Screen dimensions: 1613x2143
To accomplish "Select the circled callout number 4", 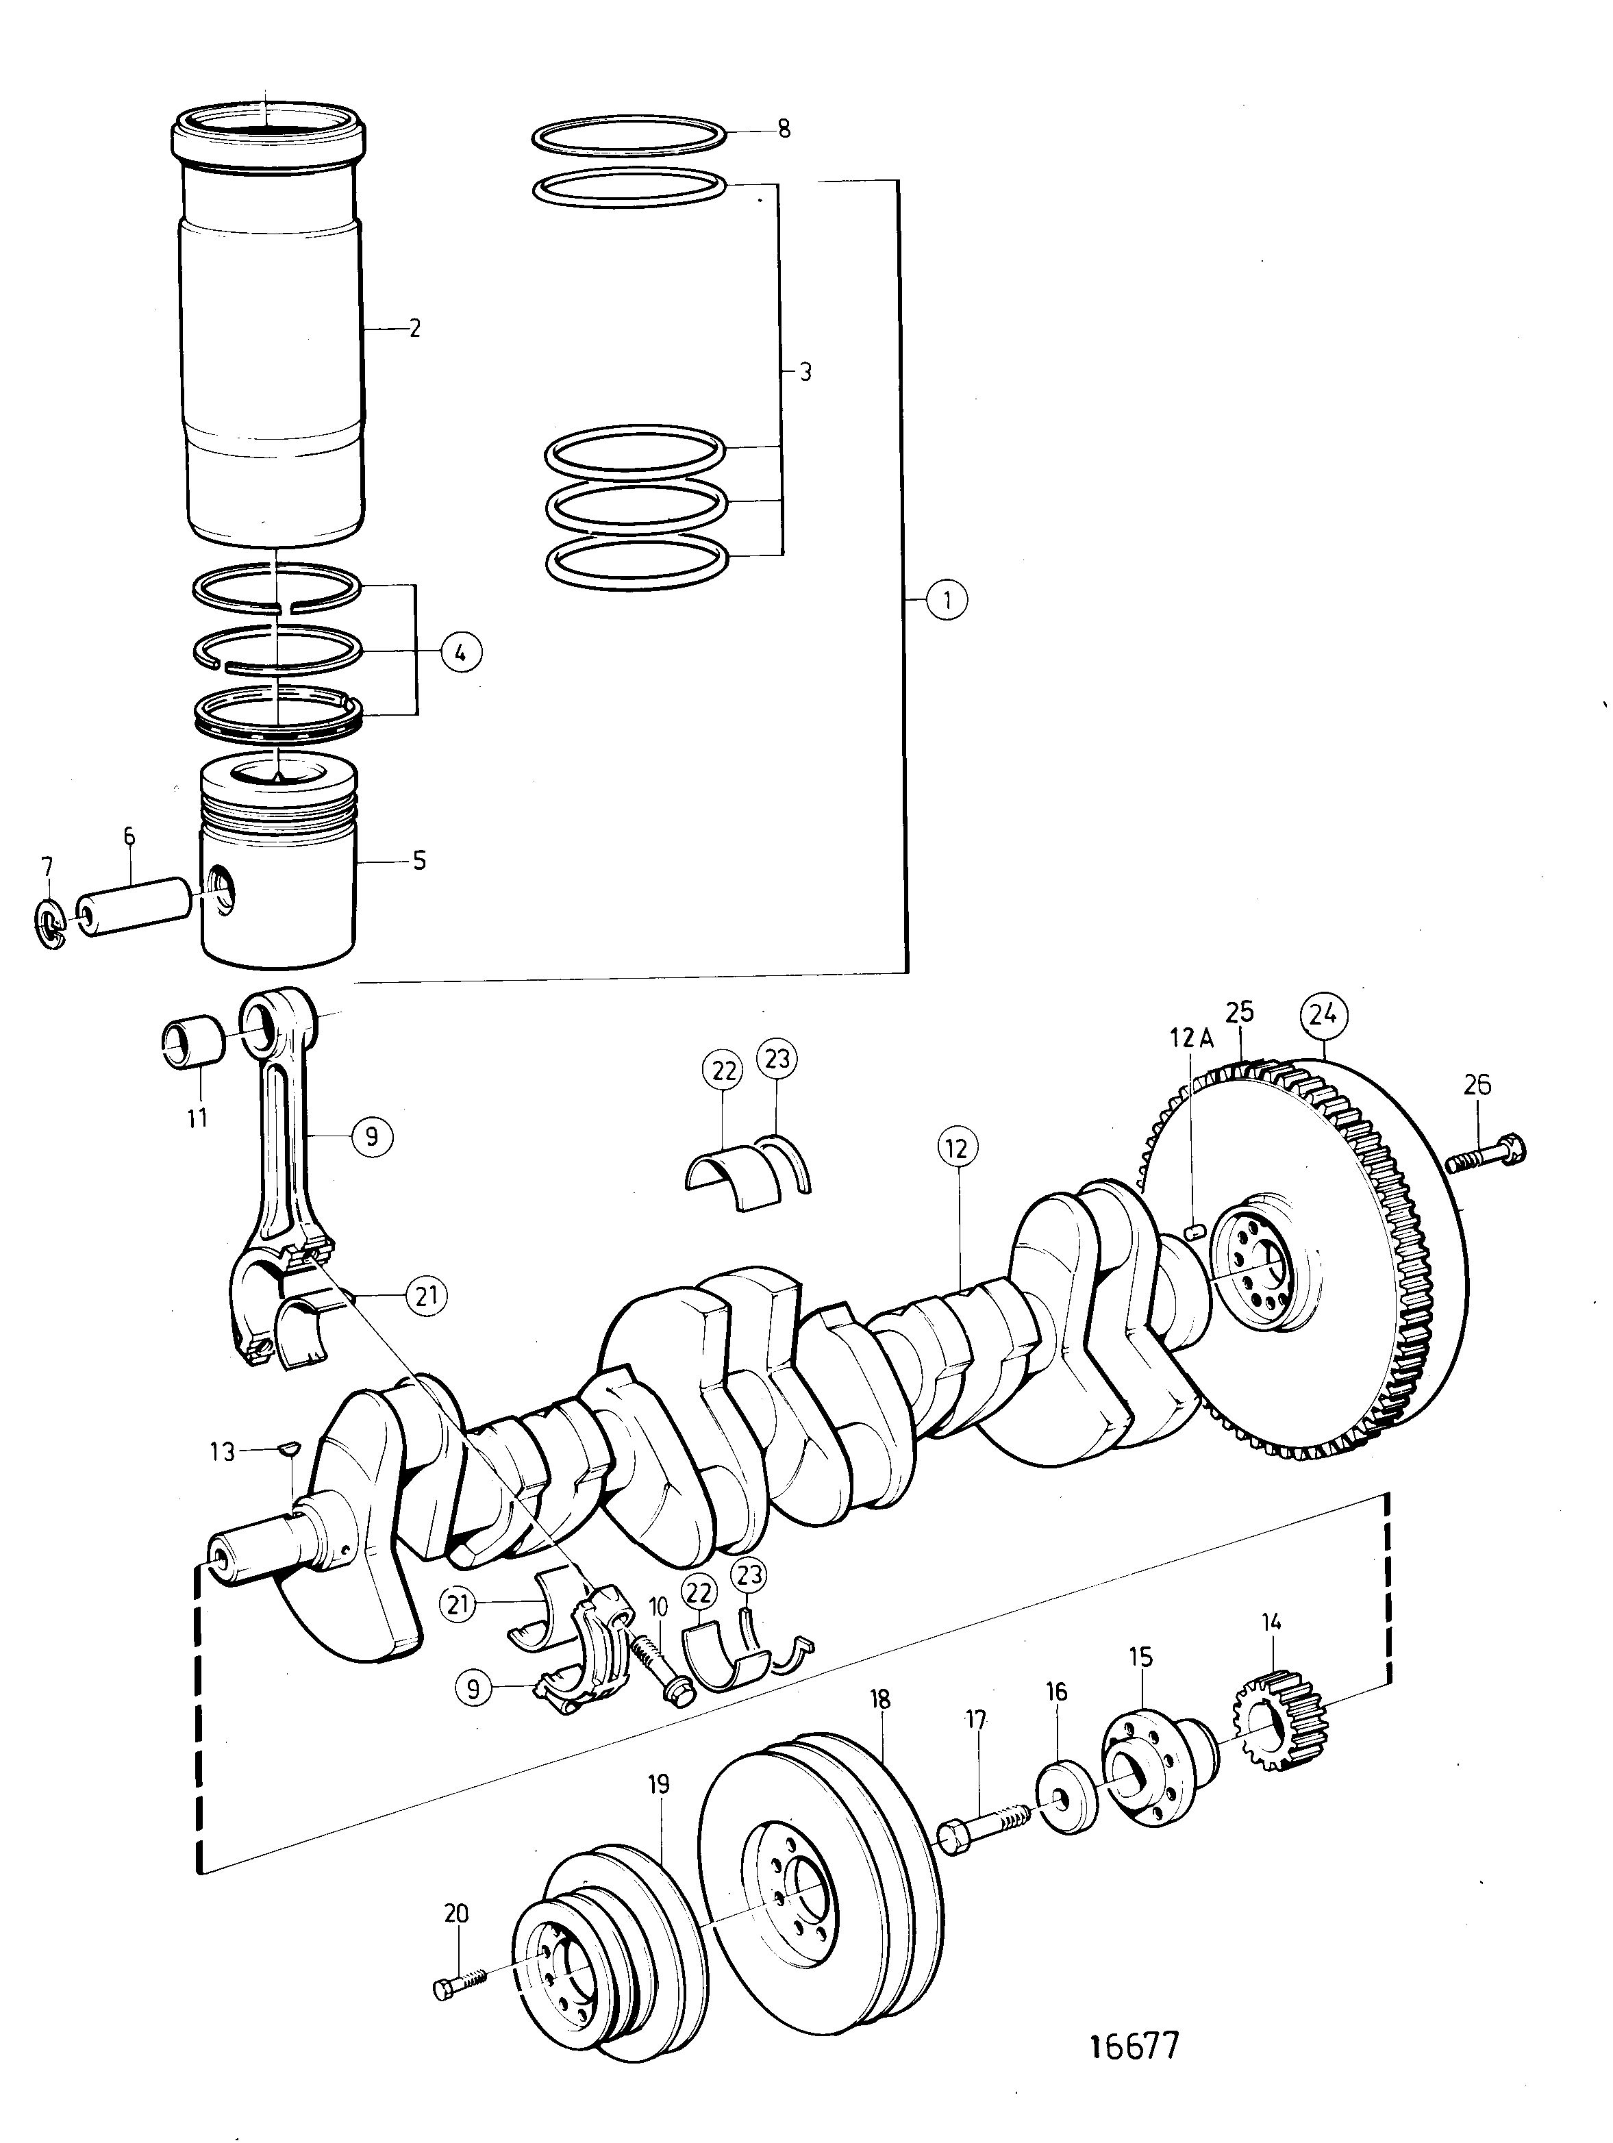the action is (460, 653).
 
